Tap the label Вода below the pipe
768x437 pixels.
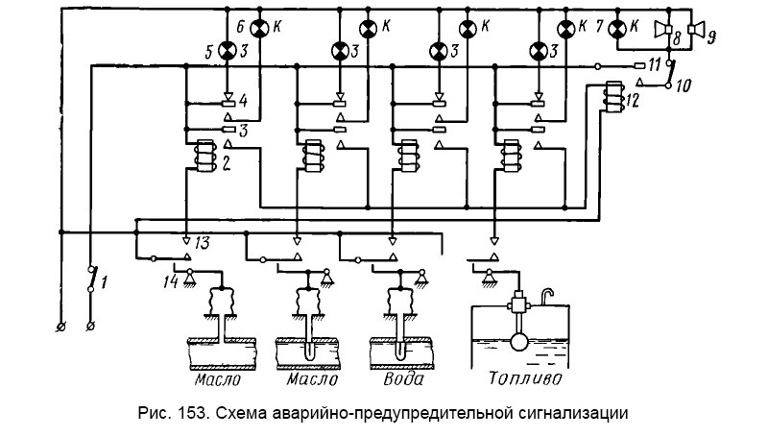tap(402, 377)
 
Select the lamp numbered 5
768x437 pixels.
tap(228, 50)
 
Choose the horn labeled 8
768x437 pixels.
tap(662, 29)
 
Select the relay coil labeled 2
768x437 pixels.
tap(203, 157)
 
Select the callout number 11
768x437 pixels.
tap(654, 65)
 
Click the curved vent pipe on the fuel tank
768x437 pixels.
tap(547, 294)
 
